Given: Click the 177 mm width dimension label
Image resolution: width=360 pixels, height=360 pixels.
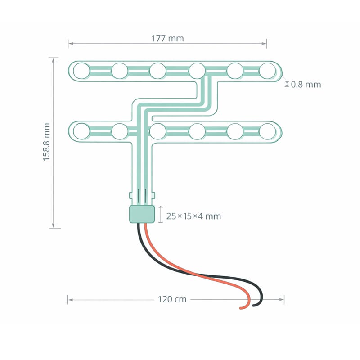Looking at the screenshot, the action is (x=167, y=38).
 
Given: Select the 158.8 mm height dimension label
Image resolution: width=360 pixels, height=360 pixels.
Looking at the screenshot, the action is (x=46, y=142).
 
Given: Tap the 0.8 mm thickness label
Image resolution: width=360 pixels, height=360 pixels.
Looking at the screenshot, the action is (x=306, y=85).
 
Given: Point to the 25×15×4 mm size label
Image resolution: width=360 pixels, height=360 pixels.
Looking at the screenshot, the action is (x=193, y=216).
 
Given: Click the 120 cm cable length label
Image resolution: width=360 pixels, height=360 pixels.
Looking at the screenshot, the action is (x=172, y=299).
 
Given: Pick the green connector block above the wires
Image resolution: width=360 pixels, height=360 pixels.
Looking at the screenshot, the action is (x=142, y=214).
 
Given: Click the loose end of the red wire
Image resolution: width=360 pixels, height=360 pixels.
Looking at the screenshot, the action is (x=241, y=308).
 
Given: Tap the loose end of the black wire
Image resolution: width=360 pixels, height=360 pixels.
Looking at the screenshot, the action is (x=254, y=306).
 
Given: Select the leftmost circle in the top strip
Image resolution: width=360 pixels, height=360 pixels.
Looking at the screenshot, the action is (x=81, y=71).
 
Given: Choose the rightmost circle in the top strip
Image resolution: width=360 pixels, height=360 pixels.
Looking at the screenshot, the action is (x=267, y=71).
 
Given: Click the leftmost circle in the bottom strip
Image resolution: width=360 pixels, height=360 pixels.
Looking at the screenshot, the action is (x=81, y=131).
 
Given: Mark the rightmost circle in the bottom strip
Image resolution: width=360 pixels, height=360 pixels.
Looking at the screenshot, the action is (x=267, y=131).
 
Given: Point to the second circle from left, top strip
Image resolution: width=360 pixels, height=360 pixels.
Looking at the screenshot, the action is (x=120, y=71).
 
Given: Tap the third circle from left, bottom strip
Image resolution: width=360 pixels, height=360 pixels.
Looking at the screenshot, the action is (x=158, y=131).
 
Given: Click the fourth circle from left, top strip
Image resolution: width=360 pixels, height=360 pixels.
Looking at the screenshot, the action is (x=197, y=71).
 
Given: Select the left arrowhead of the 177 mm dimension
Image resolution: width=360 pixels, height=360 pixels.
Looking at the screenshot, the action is (x=71, y=43).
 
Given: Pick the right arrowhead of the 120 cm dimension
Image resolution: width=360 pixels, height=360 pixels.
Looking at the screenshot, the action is (x=282, y=299).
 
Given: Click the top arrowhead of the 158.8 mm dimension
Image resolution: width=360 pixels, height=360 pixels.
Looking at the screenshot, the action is (x=53, y=60).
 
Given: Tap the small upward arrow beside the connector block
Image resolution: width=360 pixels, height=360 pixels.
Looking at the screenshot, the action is (x=161, y=215).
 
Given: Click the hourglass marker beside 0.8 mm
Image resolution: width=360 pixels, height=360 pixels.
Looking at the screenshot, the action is (x=287, y=84).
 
